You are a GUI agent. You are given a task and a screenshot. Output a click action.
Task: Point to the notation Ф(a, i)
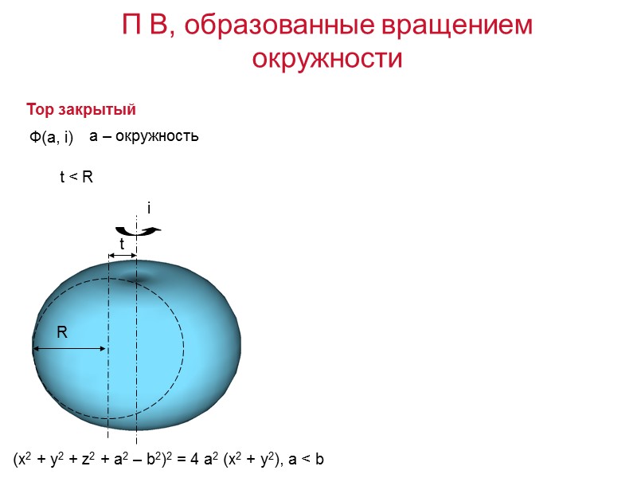(51, 138)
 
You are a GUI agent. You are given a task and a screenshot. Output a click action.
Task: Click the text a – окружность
(143, 137)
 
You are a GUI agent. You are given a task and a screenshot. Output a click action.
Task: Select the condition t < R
(77, 178)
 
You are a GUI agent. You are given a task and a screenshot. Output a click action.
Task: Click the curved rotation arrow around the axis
(143, 231)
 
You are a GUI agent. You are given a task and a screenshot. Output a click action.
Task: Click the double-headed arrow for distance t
(123, 255)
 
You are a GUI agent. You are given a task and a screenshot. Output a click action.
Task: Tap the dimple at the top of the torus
(140, 276)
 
